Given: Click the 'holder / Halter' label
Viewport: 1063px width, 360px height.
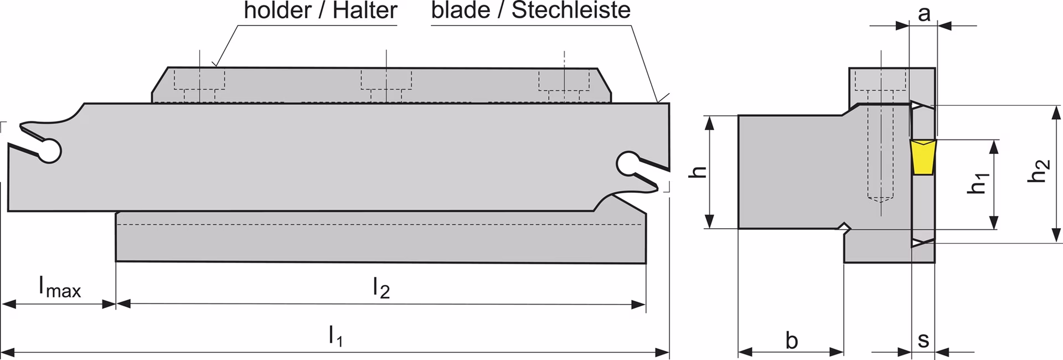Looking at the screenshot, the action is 321,11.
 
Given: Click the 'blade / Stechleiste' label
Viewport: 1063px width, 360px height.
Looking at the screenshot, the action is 531,11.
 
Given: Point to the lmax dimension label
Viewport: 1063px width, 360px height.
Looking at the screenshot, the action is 59,287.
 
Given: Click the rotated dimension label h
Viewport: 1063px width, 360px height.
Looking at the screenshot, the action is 700,172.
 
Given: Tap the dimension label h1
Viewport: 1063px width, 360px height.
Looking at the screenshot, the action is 979,183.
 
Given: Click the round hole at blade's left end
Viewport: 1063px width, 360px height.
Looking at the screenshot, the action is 49,150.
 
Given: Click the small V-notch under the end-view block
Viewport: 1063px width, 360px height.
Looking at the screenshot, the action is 843,228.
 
